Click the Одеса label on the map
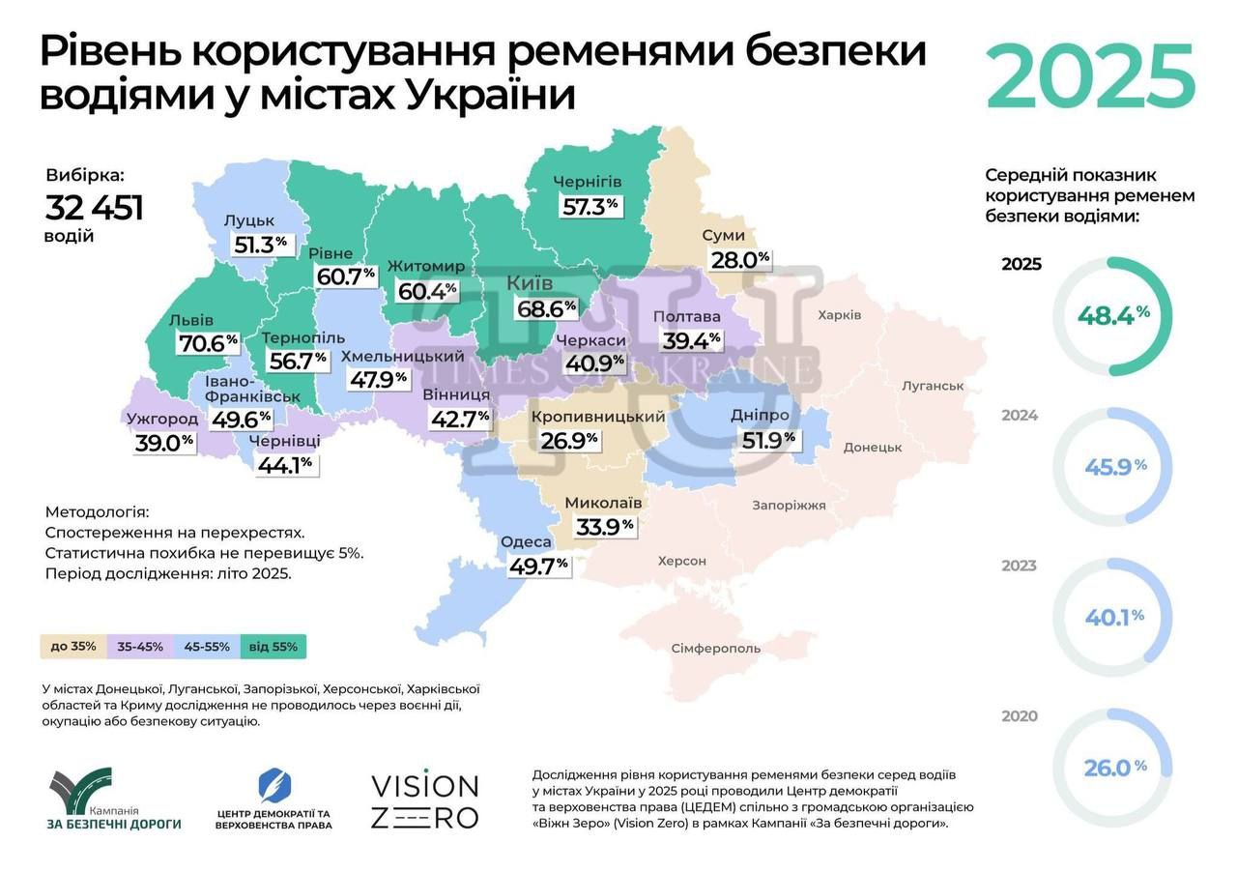[526, 542]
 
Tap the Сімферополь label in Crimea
[715, 648]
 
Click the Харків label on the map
[839, 315]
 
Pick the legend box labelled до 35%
[73, 647]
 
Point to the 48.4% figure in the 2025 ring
[1113, 315]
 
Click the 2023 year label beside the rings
[1020, 566]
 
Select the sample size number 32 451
[95, 208]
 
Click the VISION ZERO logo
[425, 800]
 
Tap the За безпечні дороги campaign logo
[114, 800]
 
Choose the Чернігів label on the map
[587, 182]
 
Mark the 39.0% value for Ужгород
[164, 442]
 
